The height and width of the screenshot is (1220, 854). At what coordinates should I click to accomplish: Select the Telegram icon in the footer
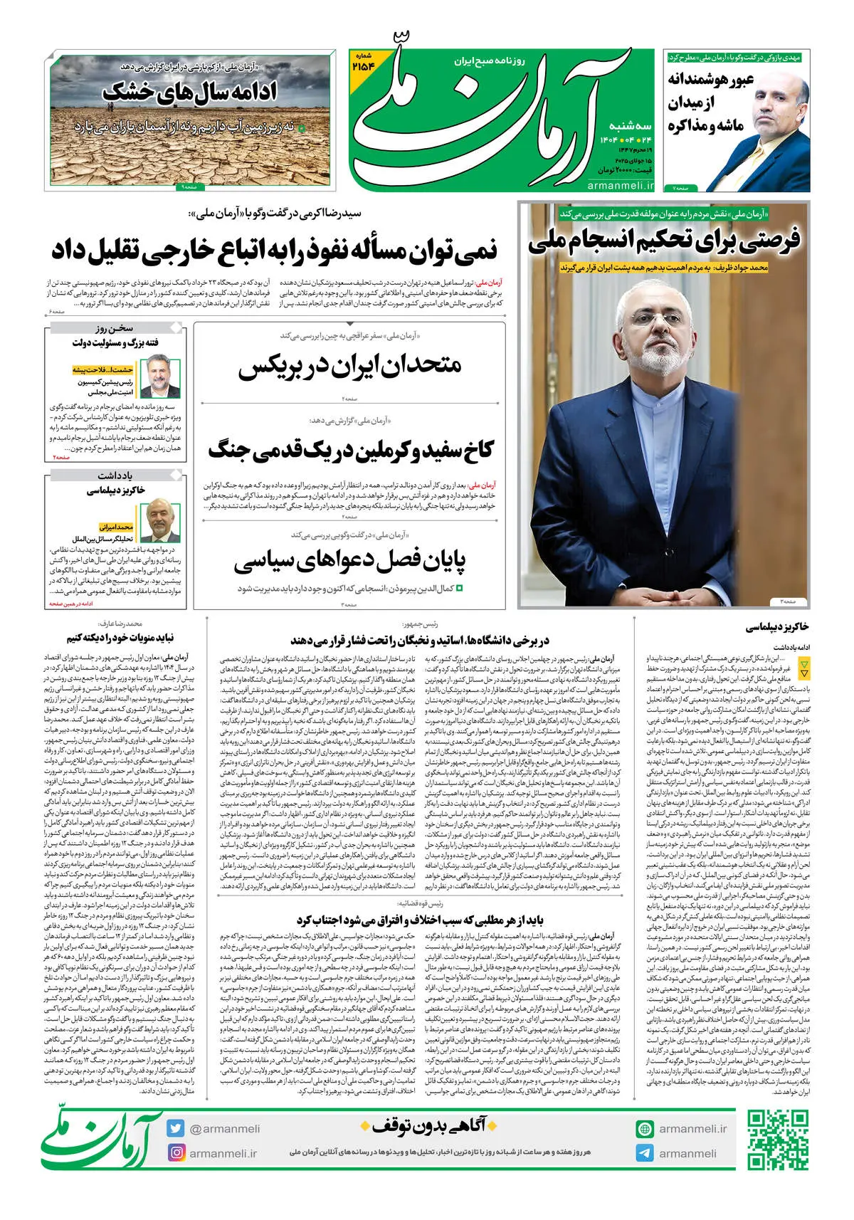pos(645,1153)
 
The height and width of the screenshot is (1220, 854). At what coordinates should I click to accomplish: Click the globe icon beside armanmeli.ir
pos(645,1129)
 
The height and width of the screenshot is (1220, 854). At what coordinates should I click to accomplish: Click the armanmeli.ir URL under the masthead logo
pos(621,185)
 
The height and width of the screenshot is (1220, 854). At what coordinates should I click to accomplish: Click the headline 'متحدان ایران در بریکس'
pos(349,366)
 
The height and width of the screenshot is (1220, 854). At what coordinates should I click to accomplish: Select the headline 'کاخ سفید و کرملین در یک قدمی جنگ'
pos(350,450)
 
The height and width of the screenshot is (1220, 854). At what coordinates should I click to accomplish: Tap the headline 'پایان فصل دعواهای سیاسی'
pos(349,561)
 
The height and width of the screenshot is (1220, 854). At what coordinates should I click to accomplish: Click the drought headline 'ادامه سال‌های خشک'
pos(189,92)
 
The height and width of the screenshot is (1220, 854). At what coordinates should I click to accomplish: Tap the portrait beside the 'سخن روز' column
pos(160,375)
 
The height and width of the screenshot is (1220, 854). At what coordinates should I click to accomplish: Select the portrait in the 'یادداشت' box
pos(160,520)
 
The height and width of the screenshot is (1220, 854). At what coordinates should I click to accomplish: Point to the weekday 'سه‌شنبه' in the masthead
pos(630,125)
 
